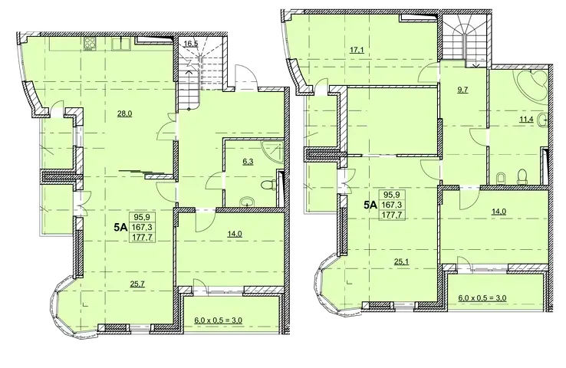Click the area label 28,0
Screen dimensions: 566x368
[x=124, y=113]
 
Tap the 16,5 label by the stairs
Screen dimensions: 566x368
[x=191, y=44]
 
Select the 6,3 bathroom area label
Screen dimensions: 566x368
[x=248, y=162]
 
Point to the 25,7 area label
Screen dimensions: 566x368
[x=137, y=284]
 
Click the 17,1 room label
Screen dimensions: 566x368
[x=357, y=50]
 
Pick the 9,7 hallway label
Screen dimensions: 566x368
[x=462, y=90]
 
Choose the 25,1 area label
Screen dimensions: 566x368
[x=401, y=261]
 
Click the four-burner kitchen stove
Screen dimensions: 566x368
[x=90, y=44]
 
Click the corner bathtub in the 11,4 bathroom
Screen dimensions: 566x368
[x=532, y=84]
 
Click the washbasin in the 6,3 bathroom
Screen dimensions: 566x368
[x=247, y=202]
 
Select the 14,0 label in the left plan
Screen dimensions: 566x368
[x=234, y=234]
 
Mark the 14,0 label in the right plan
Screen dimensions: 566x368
[x=499, y=212]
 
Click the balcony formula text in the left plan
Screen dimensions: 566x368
[x=218, y=320]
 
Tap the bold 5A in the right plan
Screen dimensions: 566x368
[x=370, y=205]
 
